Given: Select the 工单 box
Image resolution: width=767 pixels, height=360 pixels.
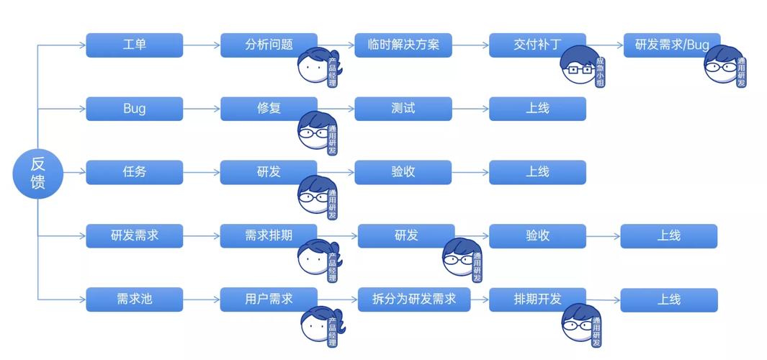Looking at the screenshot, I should coord(135,45).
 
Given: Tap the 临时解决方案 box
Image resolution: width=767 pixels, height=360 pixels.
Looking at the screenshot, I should coord(403,45).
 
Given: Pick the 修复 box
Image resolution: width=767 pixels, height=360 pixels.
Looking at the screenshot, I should coord(269,109).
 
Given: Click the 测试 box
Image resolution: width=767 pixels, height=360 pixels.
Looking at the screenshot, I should coord(403,109).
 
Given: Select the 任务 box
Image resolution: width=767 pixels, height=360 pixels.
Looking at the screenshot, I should coord(135,172).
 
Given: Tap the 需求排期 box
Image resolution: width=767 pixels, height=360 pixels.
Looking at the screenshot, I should coord(269,235).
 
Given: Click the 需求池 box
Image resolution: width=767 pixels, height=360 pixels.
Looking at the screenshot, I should coord(135,299).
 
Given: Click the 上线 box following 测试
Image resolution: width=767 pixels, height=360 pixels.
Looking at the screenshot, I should coord(537,109).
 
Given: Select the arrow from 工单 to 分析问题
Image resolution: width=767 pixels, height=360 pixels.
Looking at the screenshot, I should coord(202,45).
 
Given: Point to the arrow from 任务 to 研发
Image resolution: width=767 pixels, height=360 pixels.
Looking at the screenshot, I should coord(202,172).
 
